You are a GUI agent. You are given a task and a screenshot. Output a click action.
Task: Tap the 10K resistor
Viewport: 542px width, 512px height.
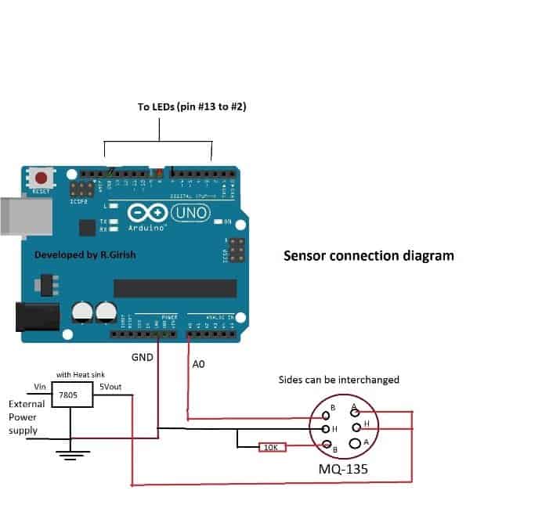click(x=272, y=448)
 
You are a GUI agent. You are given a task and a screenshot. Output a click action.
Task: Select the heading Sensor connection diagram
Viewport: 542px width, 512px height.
click(x=368, y=255)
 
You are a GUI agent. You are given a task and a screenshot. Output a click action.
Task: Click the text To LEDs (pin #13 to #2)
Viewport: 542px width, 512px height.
click(x=192, y=106)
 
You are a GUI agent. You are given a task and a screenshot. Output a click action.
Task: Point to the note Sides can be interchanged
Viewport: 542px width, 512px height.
click(x=339, y=380)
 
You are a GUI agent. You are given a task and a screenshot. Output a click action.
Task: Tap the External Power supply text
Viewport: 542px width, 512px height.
click(x=27, y=417)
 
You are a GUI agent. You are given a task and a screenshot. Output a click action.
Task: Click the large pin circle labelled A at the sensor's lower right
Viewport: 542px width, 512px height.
click(x=356, y=444)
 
